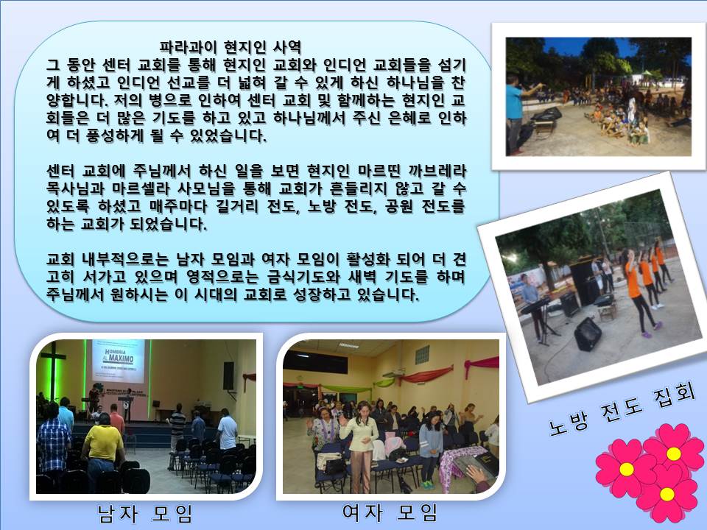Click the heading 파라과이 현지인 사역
[231, 46]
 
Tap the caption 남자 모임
[145, 513]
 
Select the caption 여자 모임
[390, 512]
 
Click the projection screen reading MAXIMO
[119, 360]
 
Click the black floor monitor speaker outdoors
[588, 333]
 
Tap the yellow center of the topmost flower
[673, 453]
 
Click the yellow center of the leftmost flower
[626, 469]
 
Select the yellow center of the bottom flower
[666, 495]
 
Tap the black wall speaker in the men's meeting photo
[228, 375]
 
